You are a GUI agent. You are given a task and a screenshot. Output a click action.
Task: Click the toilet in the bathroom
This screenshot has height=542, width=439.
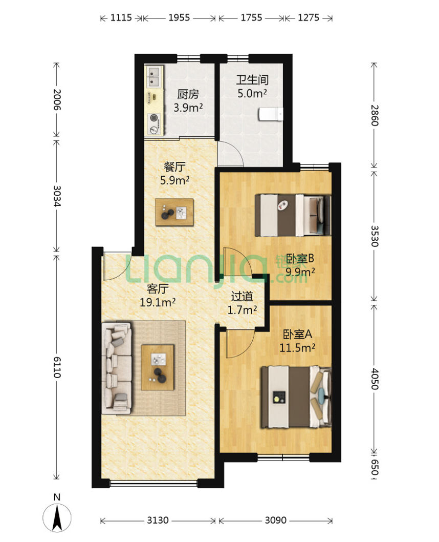coord(271,114)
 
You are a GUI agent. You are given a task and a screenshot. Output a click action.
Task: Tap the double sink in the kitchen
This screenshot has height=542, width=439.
coord(154,77)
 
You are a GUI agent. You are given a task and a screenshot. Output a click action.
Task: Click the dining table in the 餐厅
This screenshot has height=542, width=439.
coord(174,212)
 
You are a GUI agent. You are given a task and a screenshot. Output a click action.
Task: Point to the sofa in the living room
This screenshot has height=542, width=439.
coord(117,368)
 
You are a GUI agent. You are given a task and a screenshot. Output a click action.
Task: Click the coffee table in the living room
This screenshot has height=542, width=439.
coord(158,367)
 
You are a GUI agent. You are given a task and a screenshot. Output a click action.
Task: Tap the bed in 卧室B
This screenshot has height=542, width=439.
coord(293,215)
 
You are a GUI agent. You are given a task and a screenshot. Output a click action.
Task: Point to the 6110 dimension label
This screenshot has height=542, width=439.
coord(57,367)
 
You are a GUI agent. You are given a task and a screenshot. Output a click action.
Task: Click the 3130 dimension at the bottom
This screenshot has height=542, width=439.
coord(158,520)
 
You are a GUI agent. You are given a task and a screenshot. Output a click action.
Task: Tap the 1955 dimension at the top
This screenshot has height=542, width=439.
coord(179,17)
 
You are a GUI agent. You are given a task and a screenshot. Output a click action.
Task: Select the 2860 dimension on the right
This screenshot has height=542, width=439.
coord(375,115)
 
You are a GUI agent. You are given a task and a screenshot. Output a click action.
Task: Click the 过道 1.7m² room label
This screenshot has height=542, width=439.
coord(242,303)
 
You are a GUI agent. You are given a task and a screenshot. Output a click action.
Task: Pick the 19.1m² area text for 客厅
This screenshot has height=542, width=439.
coord(158,302)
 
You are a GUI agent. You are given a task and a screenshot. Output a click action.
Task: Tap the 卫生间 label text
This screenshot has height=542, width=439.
coord(252,80)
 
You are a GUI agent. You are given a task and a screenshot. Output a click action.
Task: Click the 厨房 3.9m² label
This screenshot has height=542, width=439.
coord(188,101)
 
